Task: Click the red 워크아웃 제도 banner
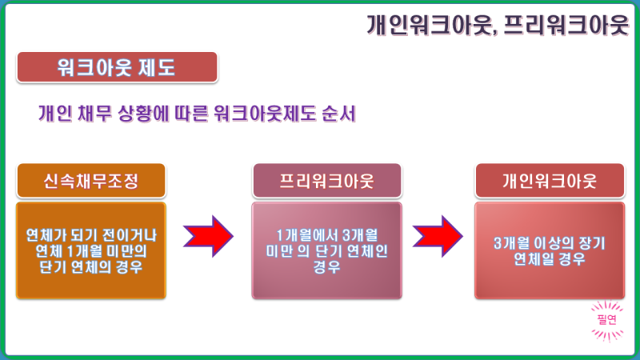click(x=117, y=67)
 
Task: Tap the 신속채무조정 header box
click(x=91, y=181)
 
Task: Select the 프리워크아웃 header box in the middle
click(x=327, y=181)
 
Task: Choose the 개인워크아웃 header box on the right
click(x=550, y=181)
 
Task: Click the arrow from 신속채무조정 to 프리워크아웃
click(x=208, y=236)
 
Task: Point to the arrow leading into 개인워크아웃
click(x=438, y=236)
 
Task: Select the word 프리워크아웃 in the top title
click(x=566, y=25)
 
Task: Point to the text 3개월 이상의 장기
click(x=550, y=243)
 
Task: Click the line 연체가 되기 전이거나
click(x=91, y=235)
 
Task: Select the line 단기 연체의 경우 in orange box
click(x=91, y=267)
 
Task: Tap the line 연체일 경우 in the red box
click(x=550, y=259)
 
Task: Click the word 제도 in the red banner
click(x=157, y=67)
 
